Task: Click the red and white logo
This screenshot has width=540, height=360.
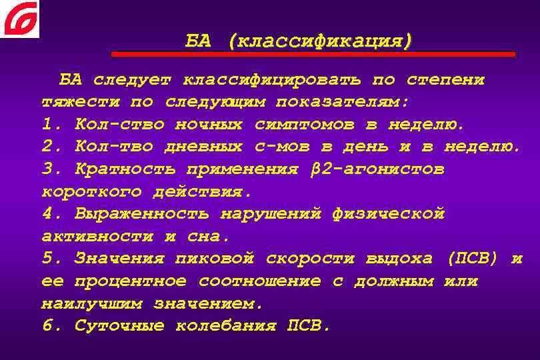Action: click(20, 19)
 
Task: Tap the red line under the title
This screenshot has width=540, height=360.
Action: click(313, 54)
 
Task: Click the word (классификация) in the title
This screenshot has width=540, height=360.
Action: click(319, 41)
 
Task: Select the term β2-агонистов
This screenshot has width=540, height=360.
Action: click(377, 169)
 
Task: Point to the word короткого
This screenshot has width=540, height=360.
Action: click(91, 192)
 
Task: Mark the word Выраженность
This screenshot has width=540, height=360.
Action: click(142, 214)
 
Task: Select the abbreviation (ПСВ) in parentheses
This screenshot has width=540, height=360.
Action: click(473, 259)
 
